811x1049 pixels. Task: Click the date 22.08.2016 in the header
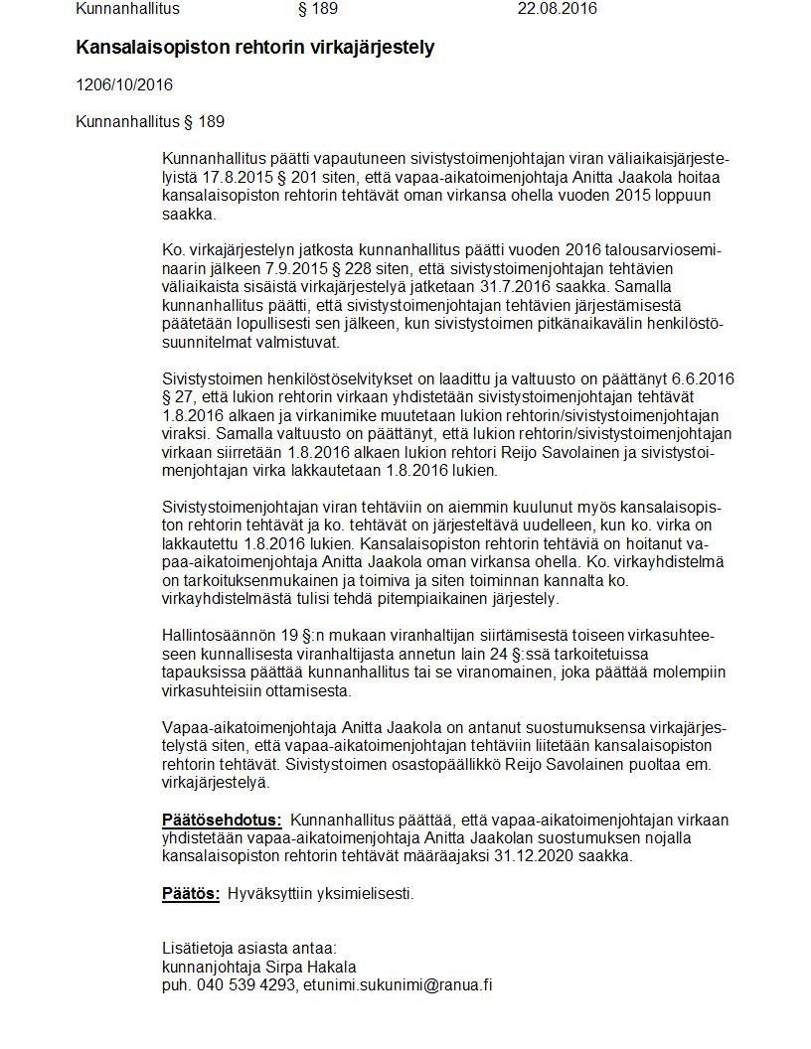pos(557,9)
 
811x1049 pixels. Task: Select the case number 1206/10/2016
pos(124,84)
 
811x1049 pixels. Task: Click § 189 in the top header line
pos(318,9)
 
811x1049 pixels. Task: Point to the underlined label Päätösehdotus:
pos(222,821)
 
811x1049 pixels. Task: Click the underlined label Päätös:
pos(191,893)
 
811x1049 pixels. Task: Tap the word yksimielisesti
pos(363,893)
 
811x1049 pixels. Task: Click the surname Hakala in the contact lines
pos(333,967)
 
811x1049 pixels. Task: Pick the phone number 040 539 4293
pos(244,985)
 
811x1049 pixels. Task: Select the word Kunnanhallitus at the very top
pos(127,9)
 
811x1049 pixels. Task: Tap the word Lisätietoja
pos(197,949)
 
